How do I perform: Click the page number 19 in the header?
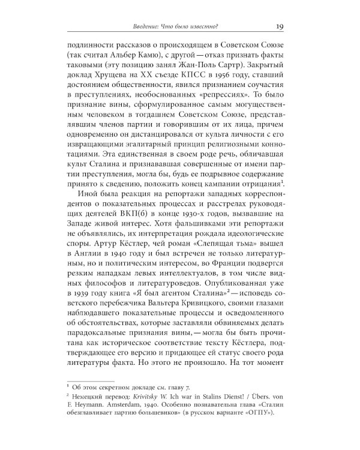tap(280, 26)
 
